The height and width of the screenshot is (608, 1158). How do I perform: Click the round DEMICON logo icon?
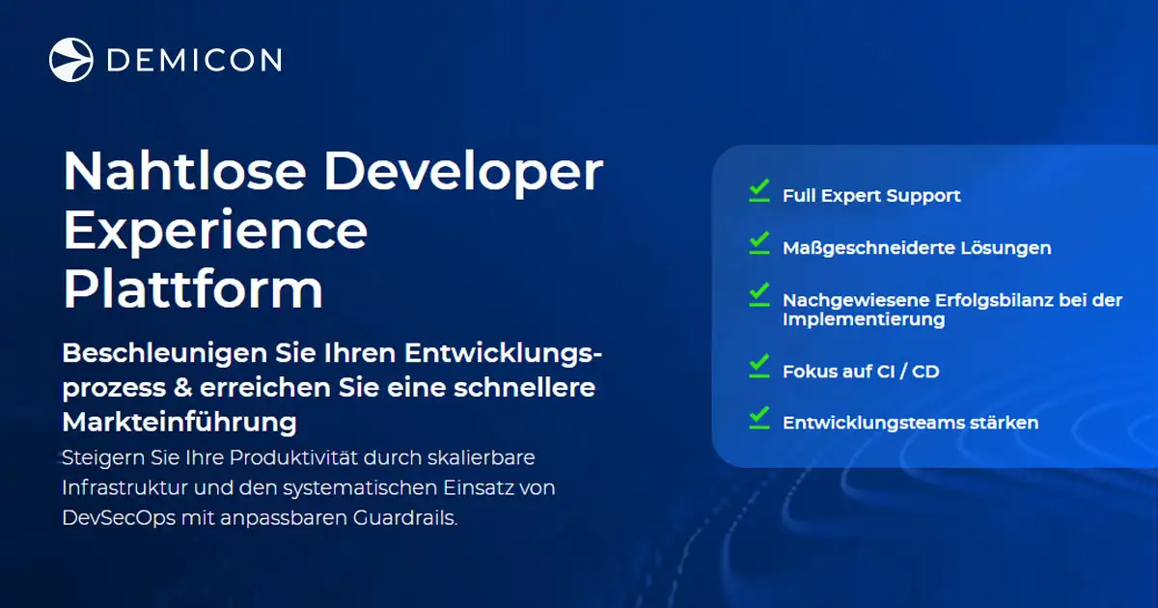[x=71, y=60]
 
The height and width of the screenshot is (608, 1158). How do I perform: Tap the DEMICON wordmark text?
[x=194, y=60]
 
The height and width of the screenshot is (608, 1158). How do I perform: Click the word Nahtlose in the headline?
[x=184, y=172]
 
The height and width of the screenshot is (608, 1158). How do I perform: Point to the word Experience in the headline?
[x=215, y=231]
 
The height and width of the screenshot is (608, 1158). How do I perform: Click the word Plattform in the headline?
[x=193, y=288]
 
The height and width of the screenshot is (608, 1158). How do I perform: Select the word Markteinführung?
[x=179, y=422]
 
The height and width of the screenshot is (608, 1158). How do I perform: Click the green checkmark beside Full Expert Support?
[x=759, y=190]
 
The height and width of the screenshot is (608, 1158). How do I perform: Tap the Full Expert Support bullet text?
[x=871, y=196]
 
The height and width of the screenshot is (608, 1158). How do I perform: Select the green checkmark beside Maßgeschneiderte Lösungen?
[x=759, y=242]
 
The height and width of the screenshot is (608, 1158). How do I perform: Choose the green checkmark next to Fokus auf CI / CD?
[x=759, y=366]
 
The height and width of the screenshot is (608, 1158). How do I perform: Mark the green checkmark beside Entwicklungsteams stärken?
[x=759, y=417]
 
